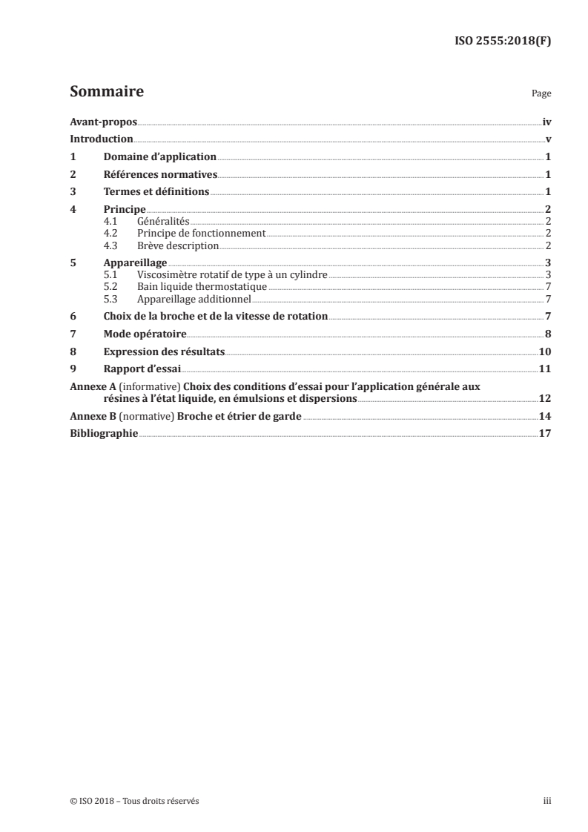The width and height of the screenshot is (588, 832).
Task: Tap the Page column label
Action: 541,95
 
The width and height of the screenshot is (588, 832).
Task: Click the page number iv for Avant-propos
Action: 546,121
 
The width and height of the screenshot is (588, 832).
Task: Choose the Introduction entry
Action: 102,139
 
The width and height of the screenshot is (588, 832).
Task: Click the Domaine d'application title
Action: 159,156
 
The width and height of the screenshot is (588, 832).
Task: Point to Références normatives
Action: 160,174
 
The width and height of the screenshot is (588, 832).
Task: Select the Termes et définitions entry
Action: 156,192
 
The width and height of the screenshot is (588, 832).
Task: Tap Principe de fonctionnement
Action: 201,234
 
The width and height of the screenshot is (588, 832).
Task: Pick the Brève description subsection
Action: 178,245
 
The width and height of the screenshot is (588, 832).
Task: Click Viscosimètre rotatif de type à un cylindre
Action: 232,275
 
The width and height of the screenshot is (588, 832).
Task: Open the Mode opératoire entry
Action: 145,334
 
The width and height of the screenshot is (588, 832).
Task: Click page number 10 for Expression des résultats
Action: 544,352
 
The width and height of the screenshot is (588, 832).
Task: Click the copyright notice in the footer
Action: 134,801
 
